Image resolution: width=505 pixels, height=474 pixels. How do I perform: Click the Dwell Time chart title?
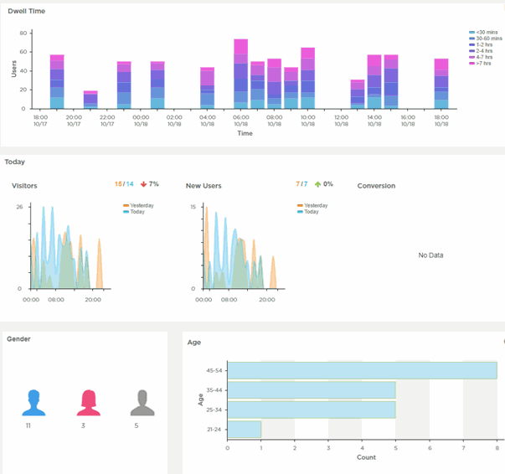26,11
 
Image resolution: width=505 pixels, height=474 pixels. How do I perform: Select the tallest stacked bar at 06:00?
240,75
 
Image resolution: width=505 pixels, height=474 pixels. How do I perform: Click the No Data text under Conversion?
430,255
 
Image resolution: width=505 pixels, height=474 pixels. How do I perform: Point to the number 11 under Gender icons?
29,426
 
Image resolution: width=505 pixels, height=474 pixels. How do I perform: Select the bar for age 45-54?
362,370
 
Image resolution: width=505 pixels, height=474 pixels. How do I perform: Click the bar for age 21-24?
245,429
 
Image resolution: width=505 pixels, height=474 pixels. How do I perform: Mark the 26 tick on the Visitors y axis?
20,207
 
